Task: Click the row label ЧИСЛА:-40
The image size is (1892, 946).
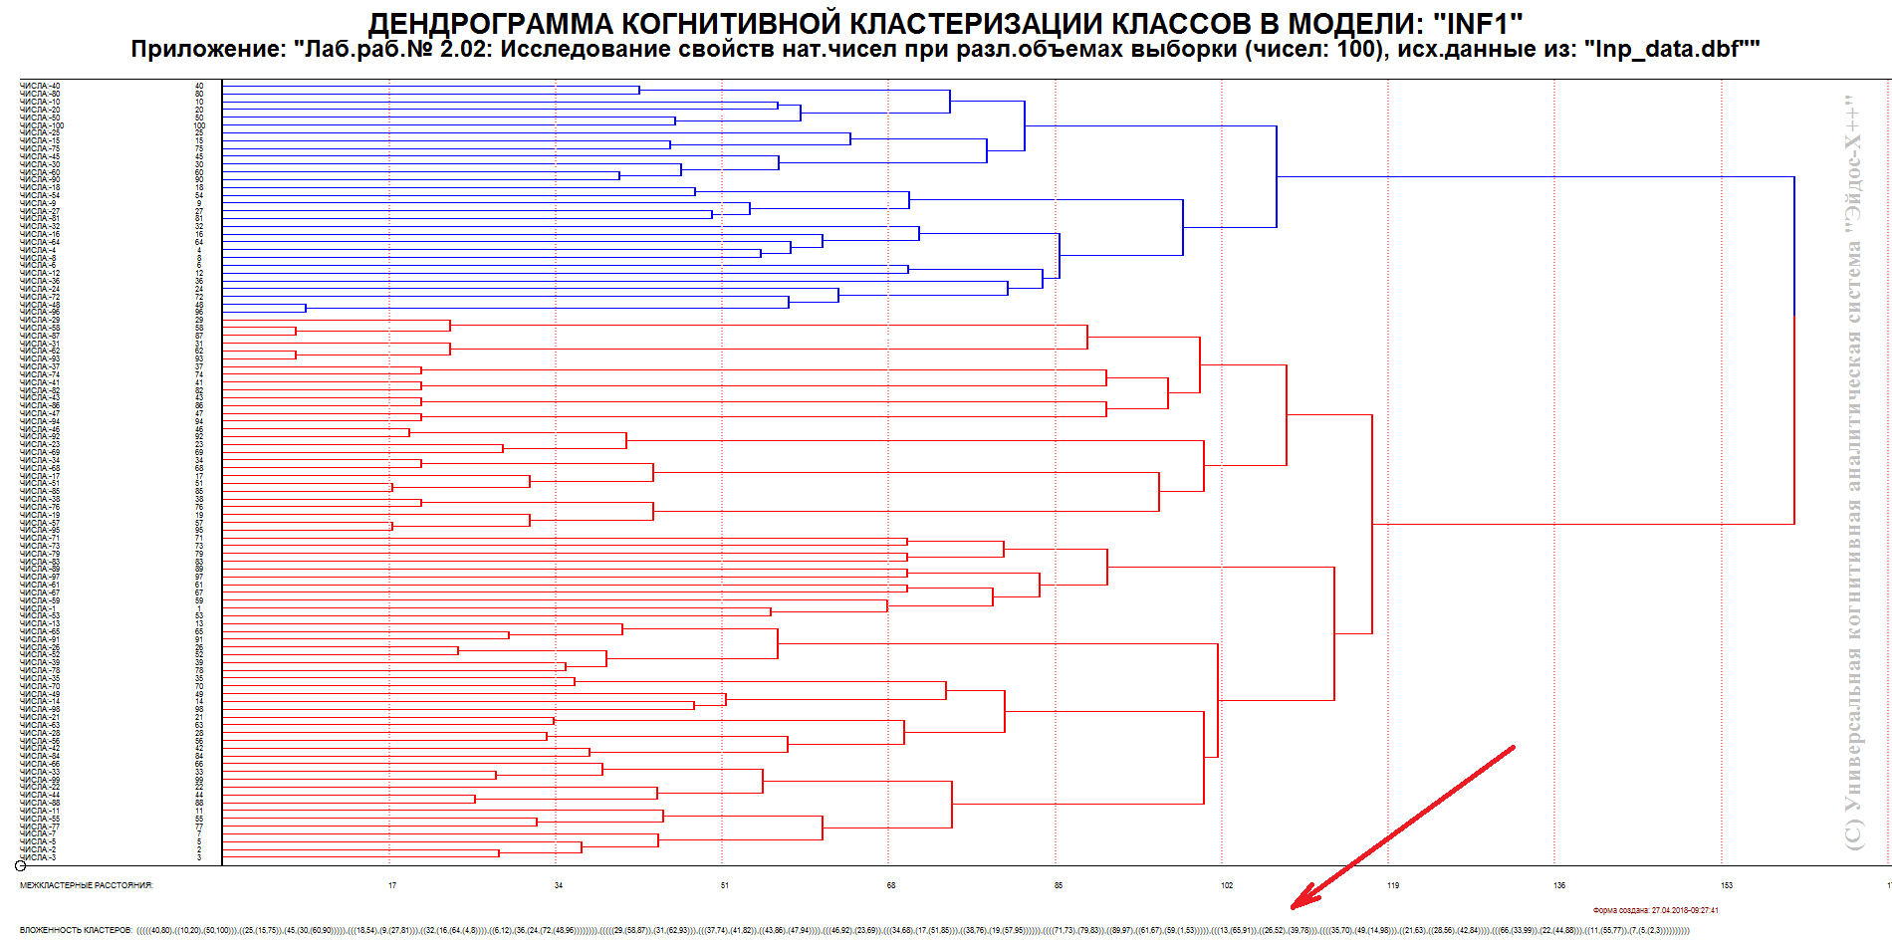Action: tap(40, 87)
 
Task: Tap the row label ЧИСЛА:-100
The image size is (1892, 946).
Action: tap(42, 125)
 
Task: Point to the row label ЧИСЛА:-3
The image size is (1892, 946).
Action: tap(38, 857)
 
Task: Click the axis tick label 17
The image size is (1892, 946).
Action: tap(392, 885)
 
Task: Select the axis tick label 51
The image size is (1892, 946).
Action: tap(725, 885)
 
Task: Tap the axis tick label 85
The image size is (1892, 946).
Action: tap(1059, 885)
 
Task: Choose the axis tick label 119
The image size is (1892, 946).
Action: tap(1393, 885)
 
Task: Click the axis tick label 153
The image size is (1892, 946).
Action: tap(1727, 885)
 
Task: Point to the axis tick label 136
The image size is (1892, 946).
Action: tap(1559, 885)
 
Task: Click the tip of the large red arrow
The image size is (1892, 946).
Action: tap(1294, 907)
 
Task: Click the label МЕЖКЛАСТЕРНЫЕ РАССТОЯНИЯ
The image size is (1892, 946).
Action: tap(87, 885)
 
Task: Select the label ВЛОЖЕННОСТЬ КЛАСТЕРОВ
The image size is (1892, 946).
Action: tap(76, 930)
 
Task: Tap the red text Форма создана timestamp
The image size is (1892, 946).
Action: tap(1655, 910)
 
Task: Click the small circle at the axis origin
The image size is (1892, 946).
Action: tap(21, 866)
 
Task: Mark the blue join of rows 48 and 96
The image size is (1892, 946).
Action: tap(306, 309)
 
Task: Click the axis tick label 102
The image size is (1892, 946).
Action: tap(1227, 885)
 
